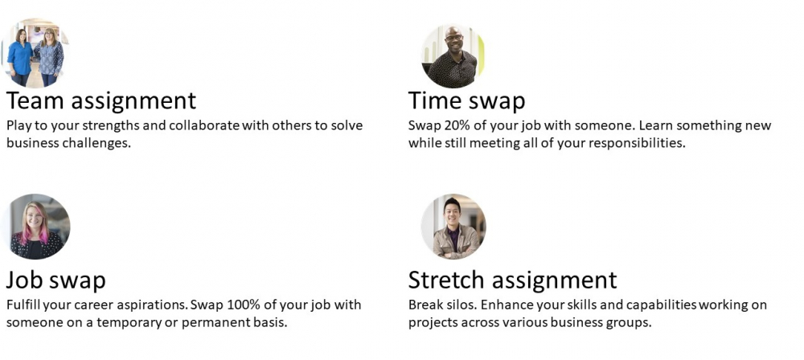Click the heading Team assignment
coord(101,101)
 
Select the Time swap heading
coord(466,101)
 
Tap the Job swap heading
coord(56,280)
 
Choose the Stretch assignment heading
coord(512,280)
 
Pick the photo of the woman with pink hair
coord(37,226)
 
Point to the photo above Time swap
coord(453,56)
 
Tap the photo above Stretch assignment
coord(453,226)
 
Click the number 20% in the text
coord(453,125)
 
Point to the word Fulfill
coord(23,305)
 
